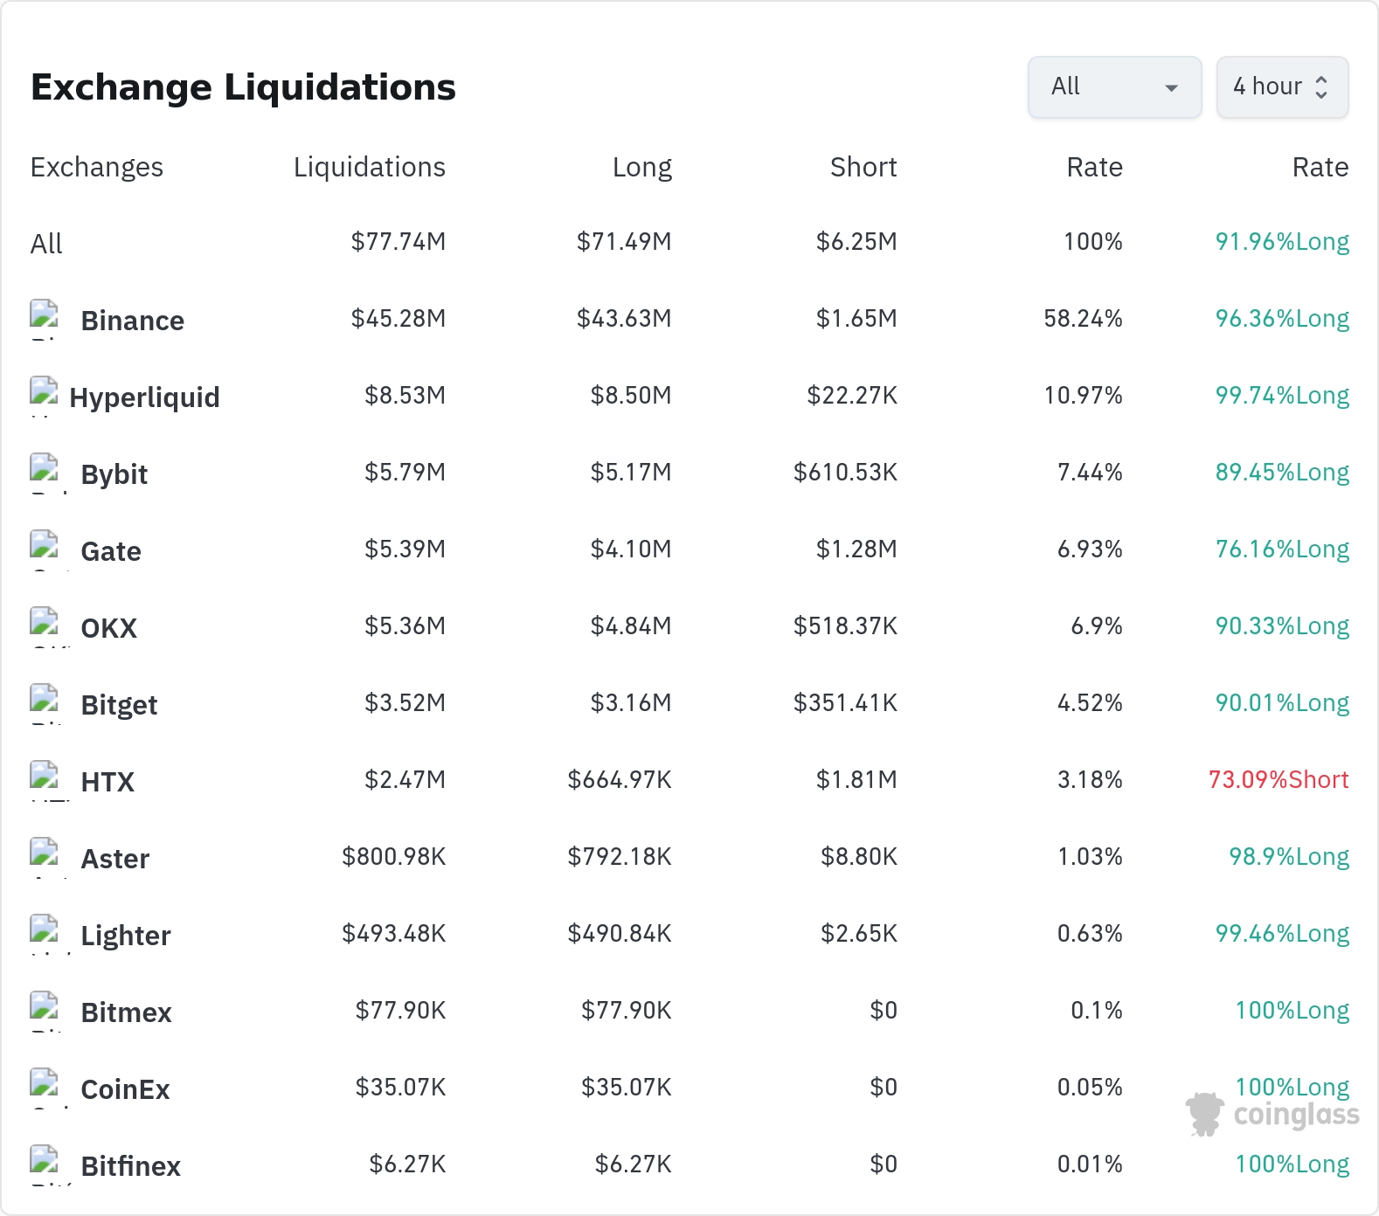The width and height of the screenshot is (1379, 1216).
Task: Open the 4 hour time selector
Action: pyautogui.click(x=1282, y=87)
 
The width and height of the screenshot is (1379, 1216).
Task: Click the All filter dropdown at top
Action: pyautogui.click(x=1114, y=87)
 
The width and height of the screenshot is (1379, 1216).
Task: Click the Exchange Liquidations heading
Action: pyautogui.click(x=243, y=87)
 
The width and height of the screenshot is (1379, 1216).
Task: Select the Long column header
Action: pyautogui.click(x=642, y=167)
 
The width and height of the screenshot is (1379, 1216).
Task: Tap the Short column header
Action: pyautogui.click(x=863, y=167)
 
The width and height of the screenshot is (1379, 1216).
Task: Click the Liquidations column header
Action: pyautogui.click(x=370, y=167)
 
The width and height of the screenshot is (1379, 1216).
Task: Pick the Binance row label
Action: pyautogui.click(x=133, y=321)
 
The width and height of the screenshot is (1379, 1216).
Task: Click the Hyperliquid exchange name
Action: pyautogui.click(x=145, y=397)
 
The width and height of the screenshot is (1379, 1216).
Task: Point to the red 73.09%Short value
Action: pyautogui.click(x=1279, y=779)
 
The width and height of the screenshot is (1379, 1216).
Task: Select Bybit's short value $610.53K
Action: pyautogui.click(x=845, y=472)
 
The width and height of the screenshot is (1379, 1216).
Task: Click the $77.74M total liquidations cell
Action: pyautogui.click(x=398, y=241)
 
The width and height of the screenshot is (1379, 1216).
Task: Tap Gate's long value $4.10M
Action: pyautogui.click(x=631, y=549)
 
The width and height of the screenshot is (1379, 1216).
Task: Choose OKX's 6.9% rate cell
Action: pyautogui.click(x=1097, y=625)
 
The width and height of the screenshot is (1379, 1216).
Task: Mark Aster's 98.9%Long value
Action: pyautogui.click(x=1289, y=856)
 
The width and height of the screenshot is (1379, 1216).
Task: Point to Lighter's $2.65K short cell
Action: pyautogui.click(x=859, y=933)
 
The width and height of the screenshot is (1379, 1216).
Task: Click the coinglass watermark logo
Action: pyautogui.click(x=1272, y=1115)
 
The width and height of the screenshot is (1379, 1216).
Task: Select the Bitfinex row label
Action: pyautogui.click(x=131, y=1166)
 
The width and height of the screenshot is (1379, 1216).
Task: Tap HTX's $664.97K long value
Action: pyautogui.click(x=620, y=779)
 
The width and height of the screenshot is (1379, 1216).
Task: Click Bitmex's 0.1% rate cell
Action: pyautogui.click(x=1097, y=1010)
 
